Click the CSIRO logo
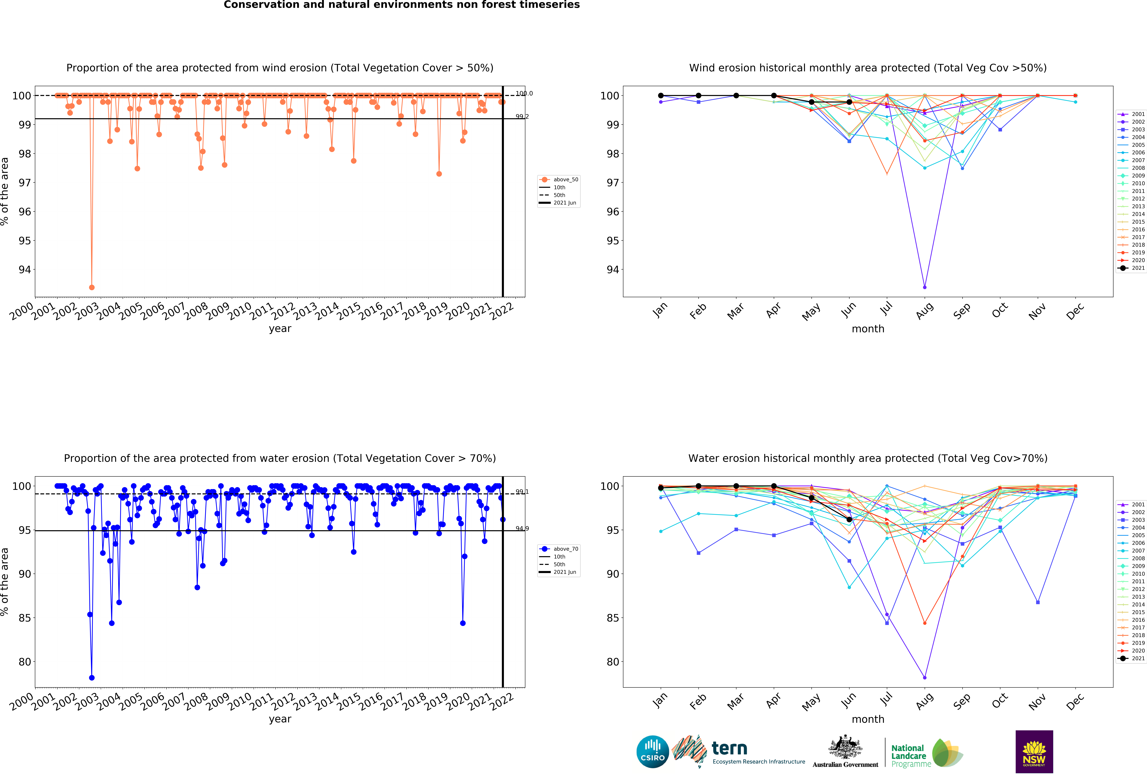click(652, 752)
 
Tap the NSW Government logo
click(1034, 751)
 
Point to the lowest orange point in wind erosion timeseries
click(92, 287)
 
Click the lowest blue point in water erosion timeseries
click(92, 678)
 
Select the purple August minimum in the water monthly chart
click(924, 678)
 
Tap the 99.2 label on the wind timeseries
click(522, 117)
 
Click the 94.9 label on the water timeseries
click(522, 529)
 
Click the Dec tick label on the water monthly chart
click(1075, 701)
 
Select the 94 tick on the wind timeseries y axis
click(25, 270)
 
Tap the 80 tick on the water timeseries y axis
click(25, 662)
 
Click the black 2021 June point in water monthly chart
click(849, 519)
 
